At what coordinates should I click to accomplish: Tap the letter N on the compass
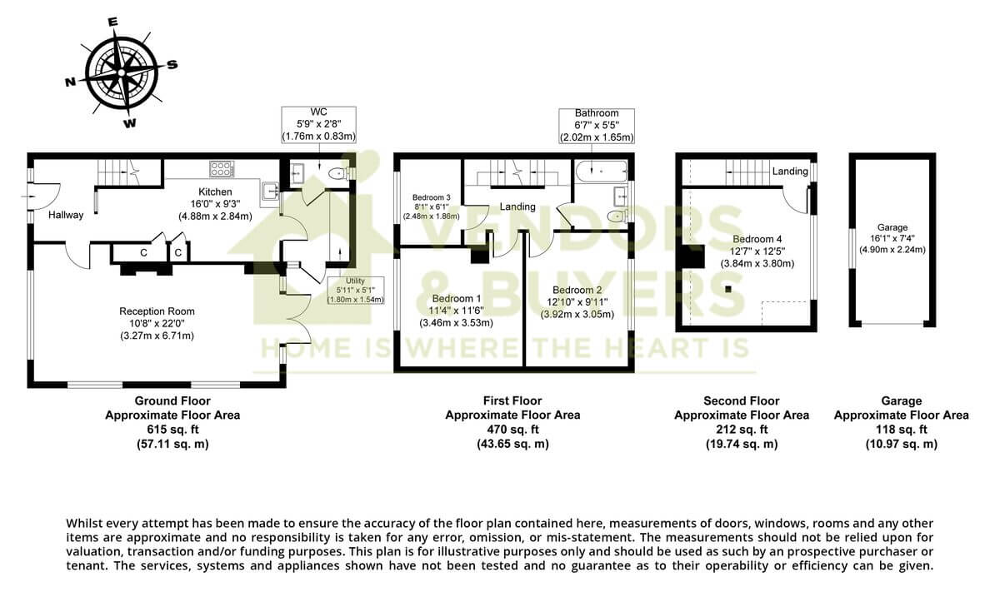click(71, 82)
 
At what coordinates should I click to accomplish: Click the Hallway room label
click(65, 215)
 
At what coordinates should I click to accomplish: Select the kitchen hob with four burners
click(222, 169)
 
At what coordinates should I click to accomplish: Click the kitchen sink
click(269, 193)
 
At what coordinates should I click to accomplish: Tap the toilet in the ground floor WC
click(338, 174)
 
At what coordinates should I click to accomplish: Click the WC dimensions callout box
click(319, 124)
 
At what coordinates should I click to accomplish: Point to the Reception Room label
click(157, 311)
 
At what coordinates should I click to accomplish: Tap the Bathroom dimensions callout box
click(596, 125)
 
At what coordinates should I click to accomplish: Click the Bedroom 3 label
click(430, 198)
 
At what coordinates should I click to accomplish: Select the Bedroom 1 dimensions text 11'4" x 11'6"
click(456, 310)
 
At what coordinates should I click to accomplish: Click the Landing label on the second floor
click(789, 172)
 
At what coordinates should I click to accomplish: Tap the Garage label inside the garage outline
click(892, 227)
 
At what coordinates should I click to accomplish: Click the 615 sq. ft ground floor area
click(172, 430)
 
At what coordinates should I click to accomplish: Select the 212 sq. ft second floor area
click(741, 430)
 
